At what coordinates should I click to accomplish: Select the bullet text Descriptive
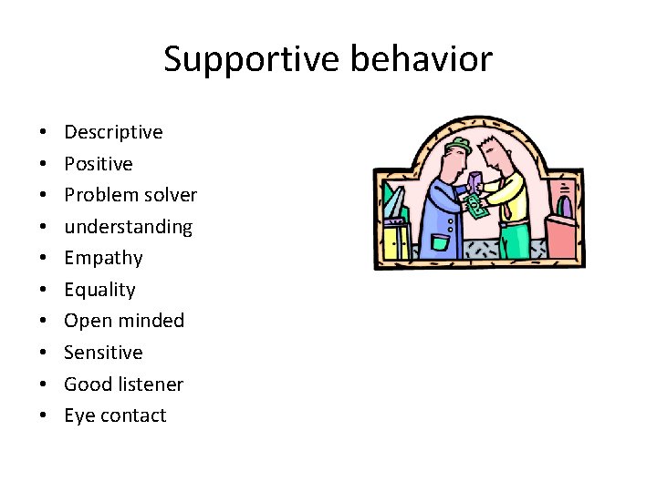(113, 132)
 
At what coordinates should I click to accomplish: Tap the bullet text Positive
(98, 164)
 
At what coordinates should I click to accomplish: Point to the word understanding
(128, 227)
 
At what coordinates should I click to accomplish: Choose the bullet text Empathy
(103, 258)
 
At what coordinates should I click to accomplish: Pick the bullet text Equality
(99, 290)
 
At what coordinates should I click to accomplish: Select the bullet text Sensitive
(103, 353)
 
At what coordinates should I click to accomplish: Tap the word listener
(150, 384)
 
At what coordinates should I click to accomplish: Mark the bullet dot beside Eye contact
(44, 416)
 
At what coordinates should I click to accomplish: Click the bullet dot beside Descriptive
(44, 133)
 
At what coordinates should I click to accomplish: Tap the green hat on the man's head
(458, 146)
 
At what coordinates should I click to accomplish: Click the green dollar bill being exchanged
(474, 207)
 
